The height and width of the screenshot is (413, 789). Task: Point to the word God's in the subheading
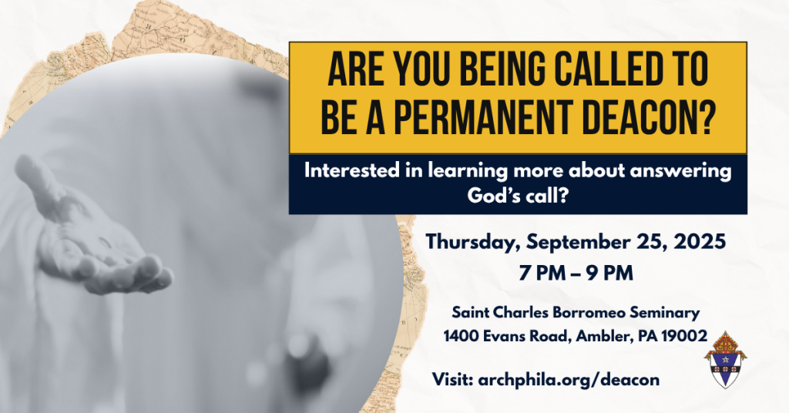coord(488,195)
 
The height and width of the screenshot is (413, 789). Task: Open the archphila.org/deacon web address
coord(569,379)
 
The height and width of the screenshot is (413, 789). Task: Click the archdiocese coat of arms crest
coord(725,360)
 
